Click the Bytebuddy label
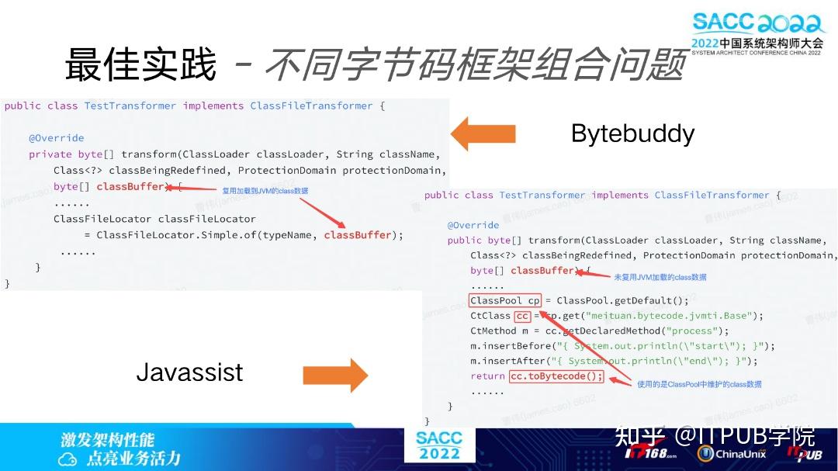[x=632, y=133]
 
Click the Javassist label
[x=189, y=372]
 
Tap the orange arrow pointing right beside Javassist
[x=335, y=375]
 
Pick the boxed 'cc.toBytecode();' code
[x=556, y=376]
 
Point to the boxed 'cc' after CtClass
[x=523, y=316]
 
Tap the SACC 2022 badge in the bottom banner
[x=438, y=445]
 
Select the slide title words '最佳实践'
[x=140, y=64]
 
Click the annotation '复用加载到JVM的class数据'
[x=265, y=190]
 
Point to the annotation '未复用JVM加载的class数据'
[x=660, y=277]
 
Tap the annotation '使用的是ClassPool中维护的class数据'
[x=699, y=384]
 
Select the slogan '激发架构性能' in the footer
[x=108, y=439]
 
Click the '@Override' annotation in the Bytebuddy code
[x=56, y=138]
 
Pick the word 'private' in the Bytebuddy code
[x=50, y=154]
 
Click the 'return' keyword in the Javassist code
[x=487, y=376]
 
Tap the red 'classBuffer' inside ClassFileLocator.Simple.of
[x=358, y=235]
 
